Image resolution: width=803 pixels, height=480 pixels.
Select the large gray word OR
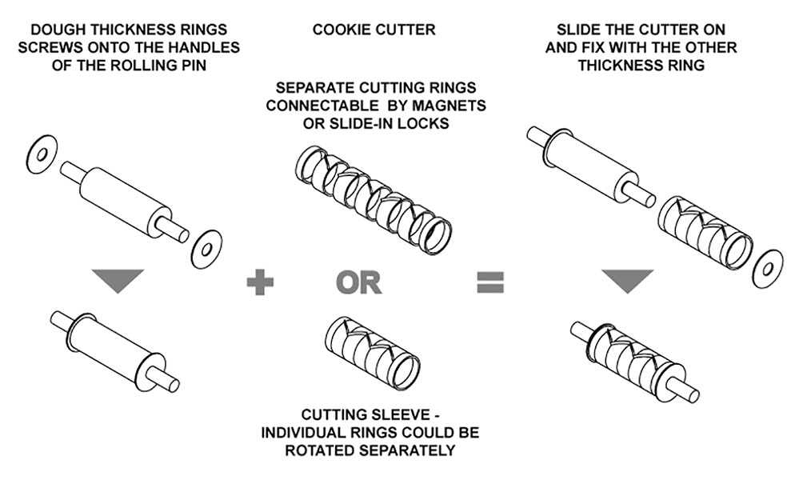click(359, 282)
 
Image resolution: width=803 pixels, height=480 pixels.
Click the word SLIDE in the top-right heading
click(573, 30)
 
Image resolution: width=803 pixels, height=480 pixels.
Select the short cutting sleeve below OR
click(372, 348)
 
